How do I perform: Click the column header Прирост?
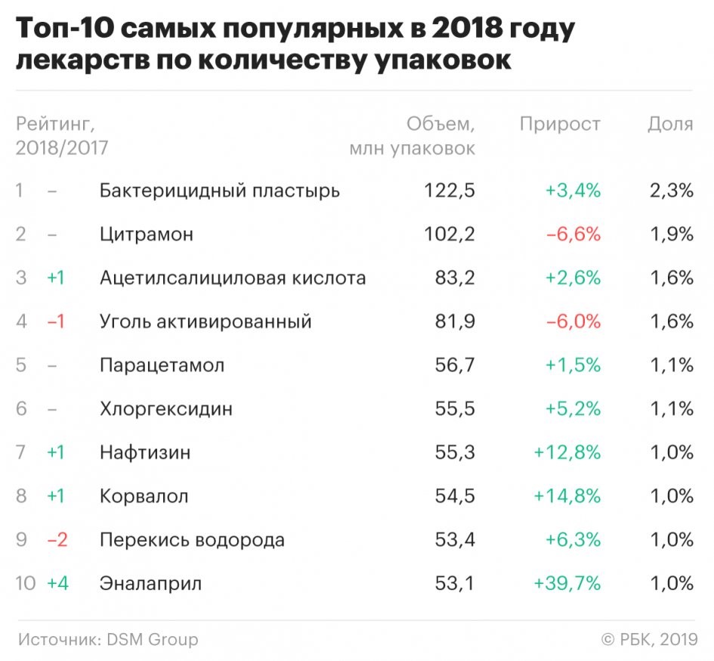click(560, 124)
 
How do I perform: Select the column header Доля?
click(670, 124)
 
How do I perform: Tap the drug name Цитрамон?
click(147, 234)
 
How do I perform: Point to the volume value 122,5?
click(450, 191)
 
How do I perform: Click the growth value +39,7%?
click(567, 584)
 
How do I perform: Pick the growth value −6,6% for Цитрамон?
click(573, 234)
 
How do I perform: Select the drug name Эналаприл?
click(151, 584)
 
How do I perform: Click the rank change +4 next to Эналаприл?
click(57, 584)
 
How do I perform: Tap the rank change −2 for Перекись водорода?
click(57, 540)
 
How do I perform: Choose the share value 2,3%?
click(671, 191)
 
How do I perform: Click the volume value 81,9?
click(455, 321)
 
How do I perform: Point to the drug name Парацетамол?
click(162, 365)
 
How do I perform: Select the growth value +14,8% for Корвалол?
click(567, 496)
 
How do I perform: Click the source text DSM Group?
click(151, 640)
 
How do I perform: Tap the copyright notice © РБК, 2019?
click(648, 640)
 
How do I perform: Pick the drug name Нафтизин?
click(145, 453)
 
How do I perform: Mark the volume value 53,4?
click(454, 540)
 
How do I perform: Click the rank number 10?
click(25, 584)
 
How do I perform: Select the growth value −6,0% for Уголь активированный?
click(573, 321)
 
